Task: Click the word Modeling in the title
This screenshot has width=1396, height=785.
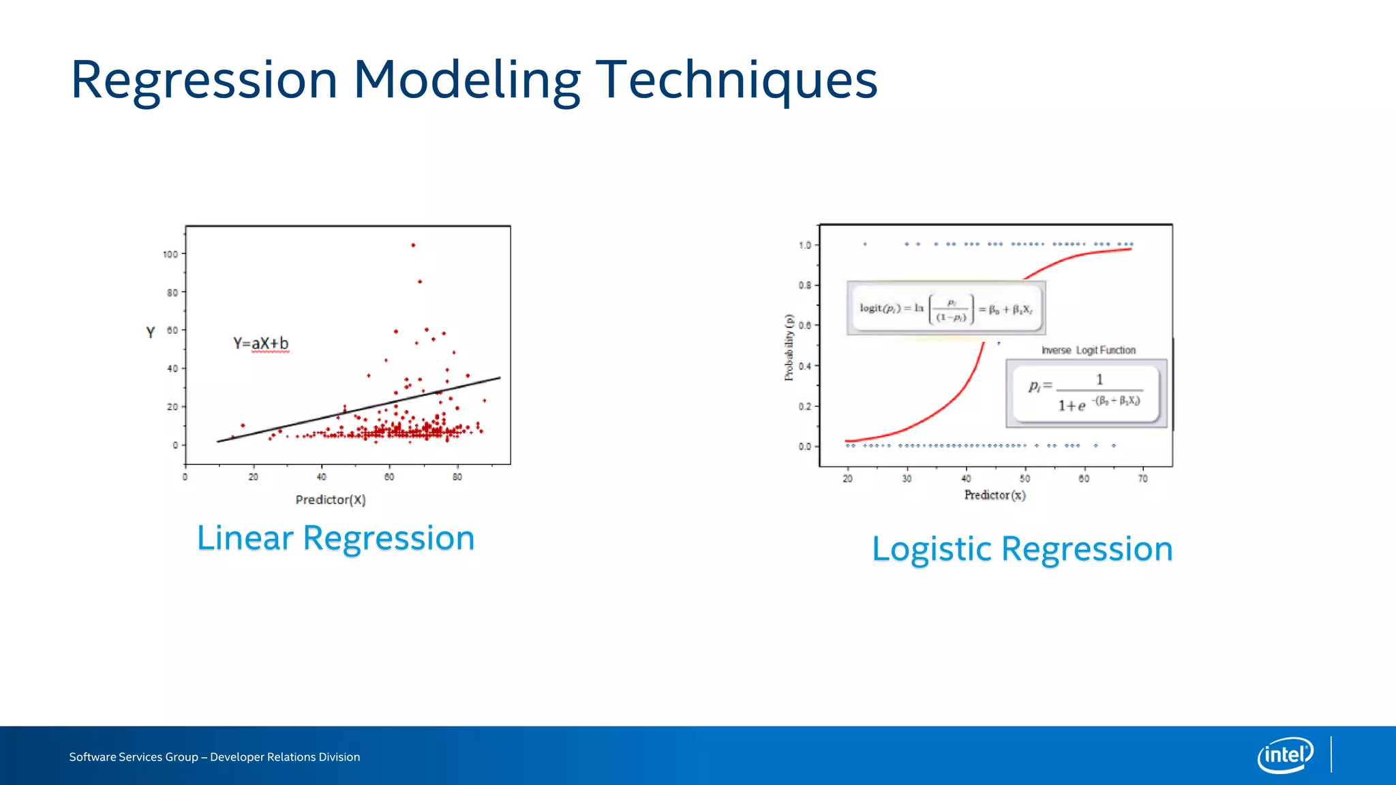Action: [x=466, y=80]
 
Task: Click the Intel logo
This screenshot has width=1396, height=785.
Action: [x=1285, y=755]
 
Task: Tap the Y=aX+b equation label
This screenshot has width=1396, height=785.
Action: [x=261, y=343]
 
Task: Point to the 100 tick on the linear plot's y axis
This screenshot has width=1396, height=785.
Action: [x=170, y=254]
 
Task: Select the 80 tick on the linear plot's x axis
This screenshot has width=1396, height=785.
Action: [x=457, y=477]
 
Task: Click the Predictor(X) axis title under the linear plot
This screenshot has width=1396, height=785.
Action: [x=331, y=500]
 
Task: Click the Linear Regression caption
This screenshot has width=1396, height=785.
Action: [x=335, y=538]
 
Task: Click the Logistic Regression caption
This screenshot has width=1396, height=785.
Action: [x=1022, y=549]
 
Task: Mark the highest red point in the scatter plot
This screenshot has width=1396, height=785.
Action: [x=413, y=245]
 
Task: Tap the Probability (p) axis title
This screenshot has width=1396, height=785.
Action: [x=789, y=347]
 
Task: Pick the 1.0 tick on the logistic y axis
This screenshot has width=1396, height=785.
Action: [x=805, y=245]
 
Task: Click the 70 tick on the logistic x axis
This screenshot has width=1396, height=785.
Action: [x=1143, y=479]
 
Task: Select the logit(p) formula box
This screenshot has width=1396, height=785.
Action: [x=946, y=309]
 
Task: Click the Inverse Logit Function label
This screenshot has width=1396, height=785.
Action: [x=1089, y=350]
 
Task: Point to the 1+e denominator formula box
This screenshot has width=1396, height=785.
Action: [x=1086, y=394]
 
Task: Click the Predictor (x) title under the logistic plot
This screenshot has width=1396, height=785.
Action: [x=995, y=495]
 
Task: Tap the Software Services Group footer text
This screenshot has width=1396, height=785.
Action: [x=214, y=757]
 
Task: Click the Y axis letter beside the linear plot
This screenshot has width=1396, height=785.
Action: [x=151, y=333]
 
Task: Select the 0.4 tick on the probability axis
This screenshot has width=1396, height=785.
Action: [x=805, y=367]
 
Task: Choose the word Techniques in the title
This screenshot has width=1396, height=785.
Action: [x=737, y=80]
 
